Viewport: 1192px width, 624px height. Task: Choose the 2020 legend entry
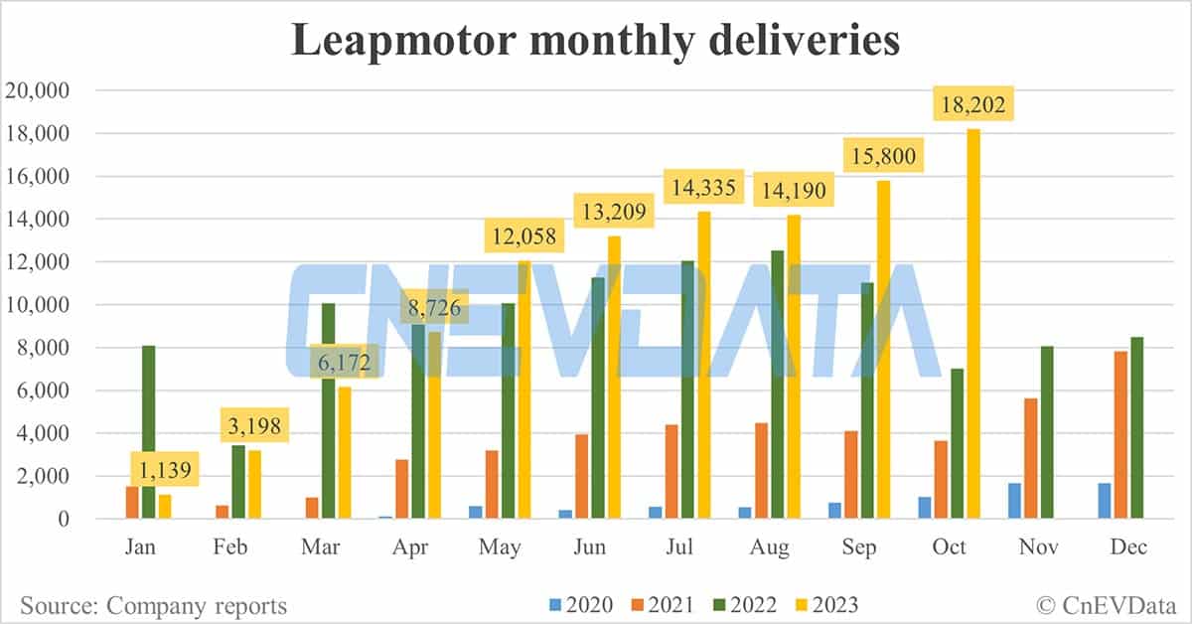[x=579, y=605]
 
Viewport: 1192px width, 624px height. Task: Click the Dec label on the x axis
[x=1129, y=547]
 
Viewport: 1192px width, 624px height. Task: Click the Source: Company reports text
[x=153, y=605]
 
